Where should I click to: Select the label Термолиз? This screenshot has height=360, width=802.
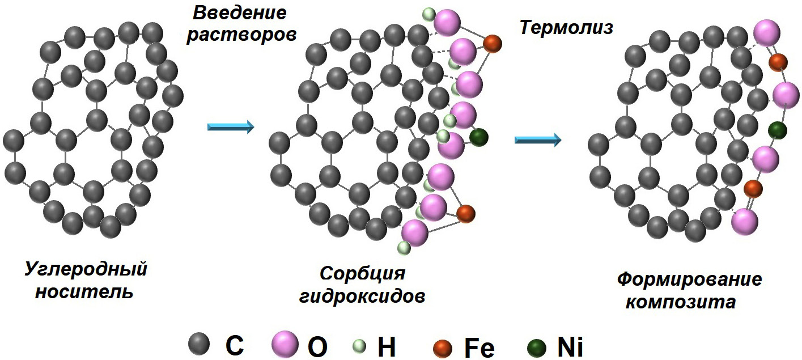(566, 27)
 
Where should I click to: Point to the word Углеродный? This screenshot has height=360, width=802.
(86, 269)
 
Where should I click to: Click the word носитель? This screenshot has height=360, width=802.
(85, 293)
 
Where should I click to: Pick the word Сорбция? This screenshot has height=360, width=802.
(363, 273)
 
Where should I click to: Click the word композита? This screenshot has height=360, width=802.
(680, 302)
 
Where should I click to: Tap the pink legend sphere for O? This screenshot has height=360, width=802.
(284, 344)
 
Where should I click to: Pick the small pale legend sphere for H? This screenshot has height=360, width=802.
(359, 345)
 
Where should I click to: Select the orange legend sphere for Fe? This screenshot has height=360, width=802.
(442, 346)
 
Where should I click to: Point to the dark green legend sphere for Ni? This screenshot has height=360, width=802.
(536, 346)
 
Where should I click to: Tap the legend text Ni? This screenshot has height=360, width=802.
(569, 346)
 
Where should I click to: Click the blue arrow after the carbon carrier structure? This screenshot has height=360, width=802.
(230, 128)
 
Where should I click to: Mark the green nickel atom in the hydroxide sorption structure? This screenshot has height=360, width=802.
(478, 137)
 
